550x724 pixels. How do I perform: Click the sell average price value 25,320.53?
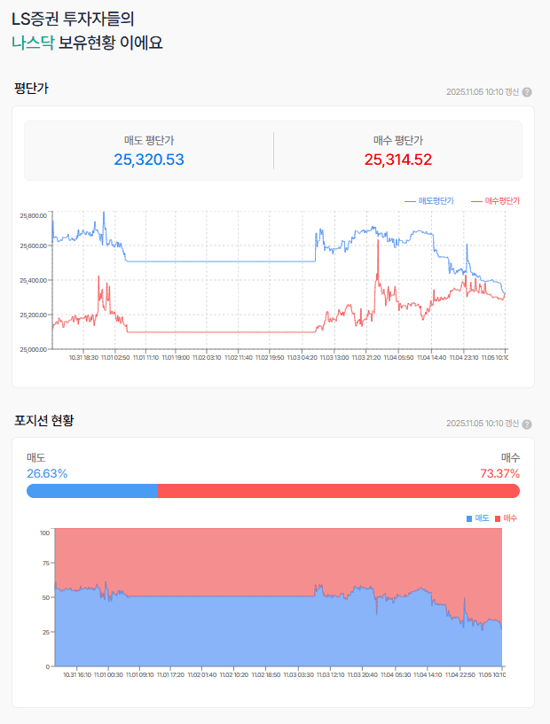(149, 160)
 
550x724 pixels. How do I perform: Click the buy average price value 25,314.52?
(397, 160)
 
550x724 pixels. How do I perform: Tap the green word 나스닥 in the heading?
(33, 43)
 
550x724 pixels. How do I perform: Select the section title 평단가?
(31, 88)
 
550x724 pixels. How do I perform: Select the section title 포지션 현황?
(43, 419)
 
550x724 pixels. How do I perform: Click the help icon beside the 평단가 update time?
(527, 92)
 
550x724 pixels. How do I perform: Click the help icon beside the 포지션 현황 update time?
(527, 424)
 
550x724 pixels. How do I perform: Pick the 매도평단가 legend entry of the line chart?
(429, 201)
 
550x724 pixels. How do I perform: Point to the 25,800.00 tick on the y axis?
(33, 215)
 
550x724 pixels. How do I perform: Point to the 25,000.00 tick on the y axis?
(33, 349)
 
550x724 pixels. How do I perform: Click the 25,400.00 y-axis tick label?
(33, 280)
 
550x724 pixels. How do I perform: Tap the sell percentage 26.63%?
(47, 473)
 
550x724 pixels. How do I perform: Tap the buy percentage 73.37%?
(499, 473)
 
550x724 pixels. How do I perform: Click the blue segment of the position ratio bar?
(92, 491)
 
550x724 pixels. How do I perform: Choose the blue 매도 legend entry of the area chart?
(478, 518)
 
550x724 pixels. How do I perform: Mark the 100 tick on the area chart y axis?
(44, 533)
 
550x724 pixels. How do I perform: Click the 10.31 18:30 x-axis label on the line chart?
(83, 357)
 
